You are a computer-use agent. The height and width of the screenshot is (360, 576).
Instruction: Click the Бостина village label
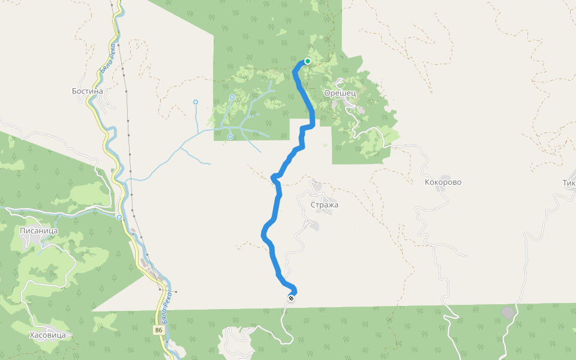pos(88,91)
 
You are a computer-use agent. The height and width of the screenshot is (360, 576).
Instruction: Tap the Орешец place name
pos(340,93)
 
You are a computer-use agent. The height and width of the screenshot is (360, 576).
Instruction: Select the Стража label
pos(325,205)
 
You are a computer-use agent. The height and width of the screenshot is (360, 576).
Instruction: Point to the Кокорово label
pos(443,182)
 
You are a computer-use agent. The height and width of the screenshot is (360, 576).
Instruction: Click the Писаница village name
pos(39,230)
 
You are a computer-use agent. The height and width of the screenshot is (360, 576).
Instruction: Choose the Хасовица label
pos(47,335)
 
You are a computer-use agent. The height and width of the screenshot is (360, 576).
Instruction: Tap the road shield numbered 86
pos(158,331)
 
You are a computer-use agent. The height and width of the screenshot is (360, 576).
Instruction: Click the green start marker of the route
pos(308,61)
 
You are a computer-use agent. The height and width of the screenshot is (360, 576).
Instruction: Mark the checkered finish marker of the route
pos(291,298)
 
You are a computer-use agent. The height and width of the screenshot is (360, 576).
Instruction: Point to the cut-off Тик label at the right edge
pos(569,183)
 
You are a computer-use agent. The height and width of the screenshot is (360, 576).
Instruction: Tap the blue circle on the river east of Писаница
pos(120,217)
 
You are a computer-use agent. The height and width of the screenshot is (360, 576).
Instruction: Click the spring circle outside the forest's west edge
pos(196,102)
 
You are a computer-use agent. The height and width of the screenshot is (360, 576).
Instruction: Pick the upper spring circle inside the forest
pos(232,97)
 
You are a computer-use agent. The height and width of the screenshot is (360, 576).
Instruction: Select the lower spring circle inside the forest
pos(230,137)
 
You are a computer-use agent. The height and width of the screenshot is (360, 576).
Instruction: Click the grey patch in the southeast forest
pos(508,313)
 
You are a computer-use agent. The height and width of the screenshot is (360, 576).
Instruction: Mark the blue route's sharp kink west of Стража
pos(274,177)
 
